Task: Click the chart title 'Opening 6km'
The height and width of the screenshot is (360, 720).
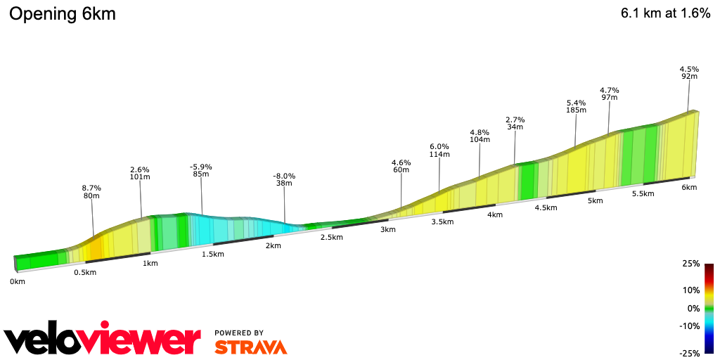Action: [63, 14]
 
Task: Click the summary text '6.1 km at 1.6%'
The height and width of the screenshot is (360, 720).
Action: [665, 14]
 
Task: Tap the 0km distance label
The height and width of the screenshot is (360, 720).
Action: [18, 281]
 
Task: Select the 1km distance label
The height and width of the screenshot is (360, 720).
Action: [150, 263]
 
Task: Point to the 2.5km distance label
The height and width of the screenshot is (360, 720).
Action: [331, 237]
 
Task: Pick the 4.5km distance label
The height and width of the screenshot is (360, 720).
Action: [546, 207]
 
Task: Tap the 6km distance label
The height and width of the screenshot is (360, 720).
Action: [689, 187]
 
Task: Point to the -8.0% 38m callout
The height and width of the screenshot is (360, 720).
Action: [284, 180]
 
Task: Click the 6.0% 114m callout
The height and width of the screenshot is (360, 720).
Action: [439, 150]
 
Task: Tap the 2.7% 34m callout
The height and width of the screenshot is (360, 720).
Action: [515, 123]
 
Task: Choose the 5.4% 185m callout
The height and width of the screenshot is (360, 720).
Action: [577, 106]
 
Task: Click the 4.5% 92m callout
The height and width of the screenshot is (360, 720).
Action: [689, 72]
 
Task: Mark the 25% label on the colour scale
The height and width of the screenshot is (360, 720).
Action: [690, 264]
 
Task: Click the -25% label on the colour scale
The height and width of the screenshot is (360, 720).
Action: [689, 353]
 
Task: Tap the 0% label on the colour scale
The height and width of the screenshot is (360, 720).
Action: [693, 308]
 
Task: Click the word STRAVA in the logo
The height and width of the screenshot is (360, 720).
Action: [250, 347]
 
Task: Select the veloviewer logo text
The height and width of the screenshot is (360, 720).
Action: [103, 341]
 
